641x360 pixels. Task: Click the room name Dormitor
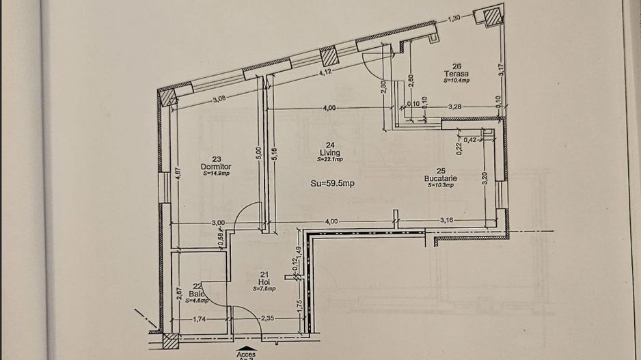point(217,167)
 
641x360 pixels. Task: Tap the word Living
point(329,153)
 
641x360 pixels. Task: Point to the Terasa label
point(456,74)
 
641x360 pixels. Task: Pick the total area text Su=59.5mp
point(332,183)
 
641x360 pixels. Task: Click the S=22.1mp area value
point(329,160)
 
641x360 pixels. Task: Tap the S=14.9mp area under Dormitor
point(217,174)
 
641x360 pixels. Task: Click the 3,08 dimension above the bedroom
point(219,99)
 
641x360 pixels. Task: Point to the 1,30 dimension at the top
point(453,18)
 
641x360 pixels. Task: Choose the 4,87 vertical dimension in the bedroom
point(176,176)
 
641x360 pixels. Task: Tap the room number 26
point(456,66)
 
